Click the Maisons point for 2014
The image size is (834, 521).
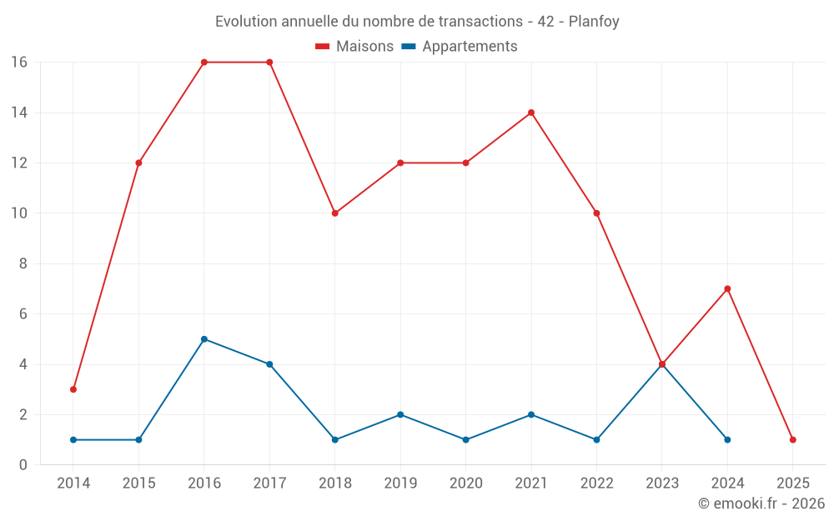coord(73,389)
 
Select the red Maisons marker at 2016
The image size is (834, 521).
coord(204,63)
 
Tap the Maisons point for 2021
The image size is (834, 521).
coord(531,113)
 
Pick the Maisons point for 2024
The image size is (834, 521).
coord(727,288)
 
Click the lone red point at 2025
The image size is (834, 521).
coord(793,439)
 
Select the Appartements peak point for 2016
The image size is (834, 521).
coord(204,339)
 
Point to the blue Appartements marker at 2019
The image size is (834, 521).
coord(400,414)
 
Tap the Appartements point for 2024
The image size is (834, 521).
coord(727,439)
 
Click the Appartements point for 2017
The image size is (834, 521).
coord(269,364)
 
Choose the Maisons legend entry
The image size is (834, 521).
coord(354,47)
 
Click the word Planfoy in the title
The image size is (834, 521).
coord(594,22)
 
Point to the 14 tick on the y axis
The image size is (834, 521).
coord(19,113)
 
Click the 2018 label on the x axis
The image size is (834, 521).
coord(335,483)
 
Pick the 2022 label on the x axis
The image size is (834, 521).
coord(596,483)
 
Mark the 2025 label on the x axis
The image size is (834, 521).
coord(793,483)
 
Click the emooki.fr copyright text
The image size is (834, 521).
coord(761,503)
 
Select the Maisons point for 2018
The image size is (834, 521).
coord(335,213)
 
